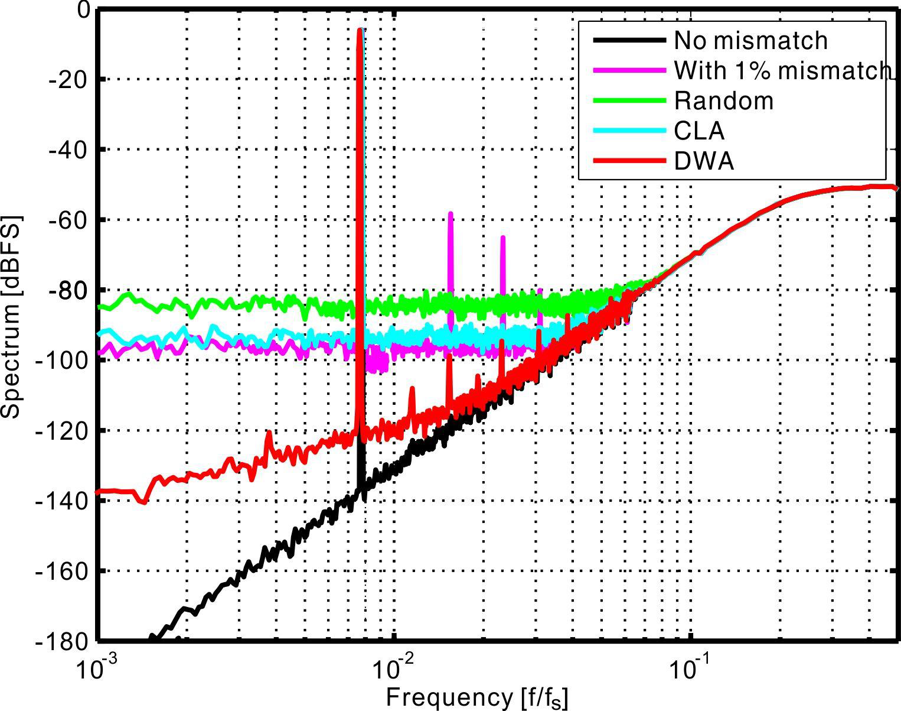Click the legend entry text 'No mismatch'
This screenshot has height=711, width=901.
point(750,40)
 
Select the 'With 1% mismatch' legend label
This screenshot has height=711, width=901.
point(781,70)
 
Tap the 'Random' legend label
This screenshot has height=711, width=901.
point(723,100)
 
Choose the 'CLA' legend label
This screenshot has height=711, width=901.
point(699,131)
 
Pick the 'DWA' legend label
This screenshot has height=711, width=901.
point(704,161)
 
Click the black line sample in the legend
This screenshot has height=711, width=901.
point(627,40)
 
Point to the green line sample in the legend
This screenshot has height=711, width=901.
point(627,100)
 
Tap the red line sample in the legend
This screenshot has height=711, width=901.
point(627,161)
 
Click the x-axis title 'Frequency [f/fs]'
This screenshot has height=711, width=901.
point(477,698)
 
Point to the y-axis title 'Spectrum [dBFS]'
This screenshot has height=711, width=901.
point(12,319)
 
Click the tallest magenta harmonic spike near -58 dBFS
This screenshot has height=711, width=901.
point(450,214)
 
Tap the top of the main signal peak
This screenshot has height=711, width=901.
point(360,30)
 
